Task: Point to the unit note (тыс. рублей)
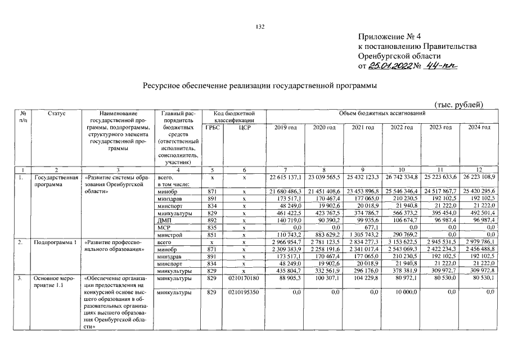(x=459, y=105)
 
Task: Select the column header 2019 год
(x=285, y=128)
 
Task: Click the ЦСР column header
(x=244, y=128)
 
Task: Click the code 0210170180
(x=244, y=277)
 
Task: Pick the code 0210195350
(x=244, y=292)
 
